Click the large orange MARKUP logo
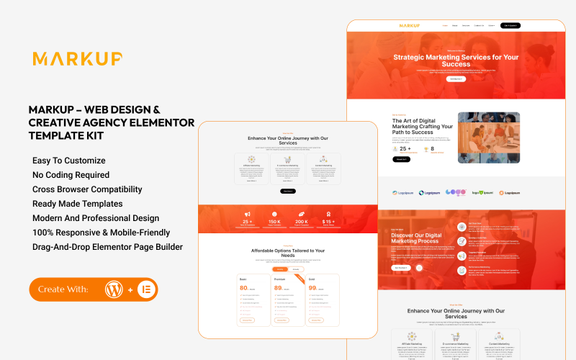tap(77, 59)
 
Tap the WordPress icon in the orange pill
tap(113, 289)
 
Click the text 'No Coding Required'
tap(71, 175)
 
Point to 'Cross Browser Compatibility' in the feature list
tap(87, 189)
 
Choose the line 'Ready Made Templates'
tap(77, 204)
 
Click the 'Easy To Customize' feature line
tap(69, 161)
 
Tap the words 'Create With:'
tap(63, 289)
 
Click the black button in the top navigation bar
tap(510, 25)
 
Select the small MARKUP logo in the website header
tap(410, 26)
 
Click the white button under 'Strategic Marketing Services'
tap(456, 78)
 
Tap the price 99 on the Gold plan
tap(313, 288)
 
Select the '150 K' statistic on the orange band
tap(274, 222)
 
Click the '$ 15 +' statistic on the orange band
tap(328, 222)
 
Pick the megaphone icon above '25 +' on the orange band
tap(247, 214)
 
